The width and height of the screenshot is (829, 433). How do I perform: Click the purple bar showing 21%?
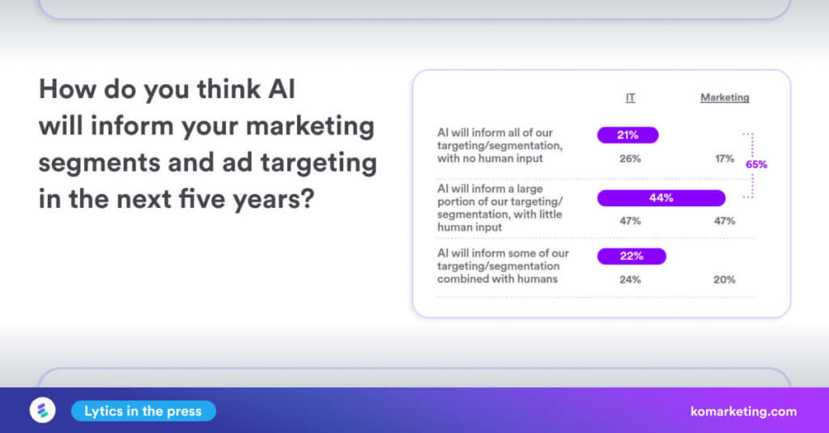click(x=627, y=135)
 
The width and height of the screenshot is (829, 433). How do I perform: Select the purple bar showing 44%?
click(x=661, y=198)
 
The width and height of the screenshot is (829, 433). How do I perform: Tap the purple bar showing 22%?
click(x=631, y=257)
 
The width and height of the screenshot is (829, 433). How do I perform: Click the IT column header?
click(x=630, y=98)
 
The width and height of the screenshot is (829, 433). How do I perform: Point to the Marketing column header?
click(x=725, y=98)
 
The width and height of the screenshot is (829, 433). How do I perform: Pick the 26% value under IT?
click(x=630, y=159)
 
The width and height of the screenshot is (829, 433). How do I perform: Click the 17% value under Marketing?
click(x=725, y=159)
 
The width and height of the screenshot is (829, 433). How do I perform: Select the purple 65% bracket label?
click(x=756, y=164)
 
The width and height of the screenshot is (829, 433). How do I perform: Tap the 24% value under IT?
click(x=630, y=280)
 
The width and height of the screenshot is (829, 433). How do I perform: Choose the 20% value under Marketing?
click(x=725, y=280)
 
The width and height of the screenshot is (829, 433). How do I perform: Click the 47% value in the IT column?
click(x=630, y=221)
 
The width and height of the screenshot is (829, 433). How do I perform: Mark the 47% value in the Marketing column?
click(x=725, y=221)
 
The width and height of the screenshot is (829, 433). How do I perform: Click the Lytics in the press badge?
click(x=143, y=411)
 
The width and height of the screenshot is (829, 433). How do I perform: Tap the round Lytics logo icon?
click(x=43, y=410)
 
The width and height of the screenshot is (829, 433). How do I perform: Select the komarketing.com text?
click(x=743, y=412)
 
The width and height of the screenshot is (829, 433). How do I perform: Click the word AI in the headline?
click(x=281, y=89)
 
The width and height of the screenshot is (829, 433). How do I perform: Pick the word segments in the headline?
click(x=100, y=163)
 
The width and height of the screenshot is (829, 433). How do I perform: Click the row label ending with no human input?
click(x=500, y=146)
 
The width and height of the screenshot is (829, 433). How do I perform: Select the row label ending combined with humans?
click(x=503, y=266)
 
